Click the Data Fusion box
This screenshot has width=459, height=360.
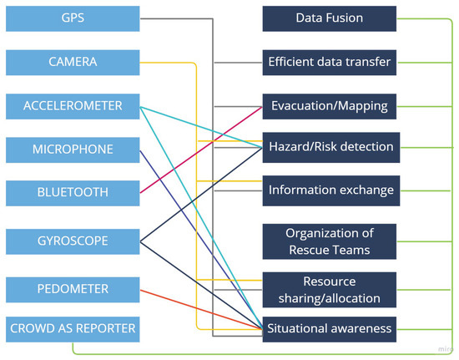[329, 18]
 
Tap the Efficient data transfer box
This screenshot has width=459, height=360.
[329, 61]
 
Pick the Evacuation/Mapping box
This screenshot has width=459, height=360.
[329, 105]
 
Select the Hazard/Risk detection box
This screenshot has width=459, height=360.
[329, 147]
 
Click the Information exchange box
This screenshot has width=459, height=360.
[329, 189]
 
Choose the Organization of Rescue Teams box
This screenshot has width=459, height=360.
[329, 241]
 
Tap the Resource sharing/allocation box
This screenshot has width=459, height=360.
[329, 290]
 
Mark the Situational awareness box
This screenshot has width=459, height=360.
[329, 328]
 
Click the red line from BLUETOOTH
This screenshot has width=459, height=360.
[200, 150]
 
